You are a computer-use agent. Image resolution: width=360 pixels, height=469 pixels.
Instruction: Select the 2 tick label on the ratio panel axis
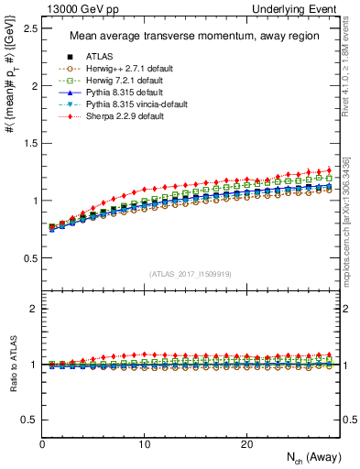[x=34, y=309]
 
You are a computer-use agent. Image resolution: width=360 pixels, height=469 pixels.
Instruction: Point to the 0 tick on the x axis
[x=43, y=443]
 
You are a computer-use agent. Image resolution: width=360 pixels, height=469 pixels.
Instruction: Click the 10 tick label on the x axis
[x=145, y=443]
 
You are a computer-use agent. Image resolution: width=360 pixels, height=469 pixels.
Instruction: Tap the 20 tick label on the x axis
[x=246, y=443]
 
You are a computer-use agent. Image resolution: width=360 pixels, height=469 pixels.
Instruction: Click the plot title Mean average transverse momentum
[x=194, y=37]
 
